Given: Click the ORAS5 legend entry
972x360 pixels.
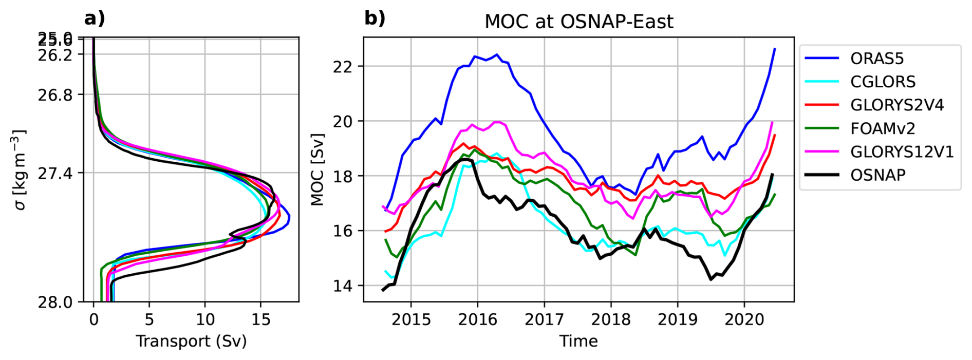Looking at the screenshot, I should [x=876, y=59].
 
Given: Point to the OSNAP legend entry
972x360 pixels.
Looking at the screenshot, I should [x=877, y=175].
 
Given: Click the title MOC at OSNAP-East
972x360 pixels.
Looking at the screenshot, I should [x=578, y=22].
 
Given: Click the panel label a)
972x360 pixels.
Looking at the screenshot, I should [x=95, y=18].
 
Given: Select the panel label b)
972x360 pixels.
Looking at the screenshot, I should [x=375, y=18].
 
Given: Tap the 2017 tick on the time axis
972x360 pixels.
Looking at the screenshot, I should [x=544, y=319].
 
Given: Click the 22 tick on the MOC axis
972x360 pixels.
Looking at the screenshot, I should [x=344, y=67].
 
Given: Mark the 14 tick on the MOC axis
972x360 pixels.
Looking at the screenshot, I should [x=344, y=286].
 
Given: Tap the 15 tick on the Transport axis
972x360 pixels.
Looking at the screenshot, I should [x=260, y=319].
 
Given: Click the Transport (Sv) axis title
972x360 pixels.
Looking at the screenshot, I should [x=191, y=341].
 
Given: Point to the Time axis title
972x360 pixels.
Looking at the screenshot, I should [x=578, y=341].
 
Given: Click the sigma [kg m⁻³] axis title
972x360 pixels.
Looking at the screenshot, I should [x=20, y=169].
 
